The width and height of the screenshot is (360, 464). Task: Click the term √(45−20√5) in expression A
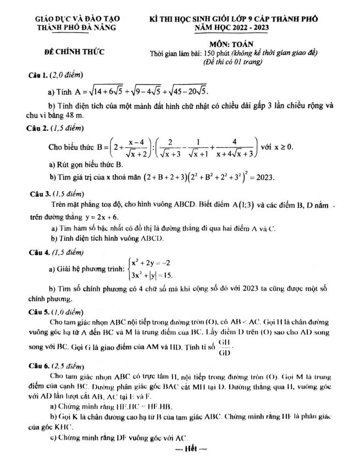(x=186, y=90)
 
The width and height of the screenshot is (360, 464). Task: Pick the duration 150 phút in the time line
(x=218, y=53)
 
